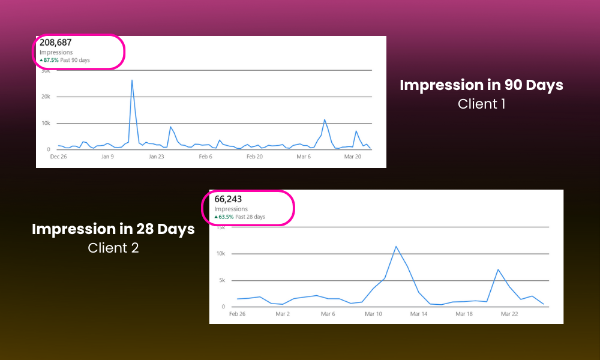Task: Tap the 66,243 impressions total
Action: point(228,199)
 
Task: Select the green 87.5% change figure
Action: point(49,60)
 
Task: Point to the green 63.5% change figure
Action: point(224,217)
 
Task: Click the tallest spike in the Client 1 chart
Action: point(131,80)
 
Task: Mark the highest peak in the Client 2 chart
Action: point(396,247)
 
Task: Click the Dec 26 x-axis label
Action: point(58,157)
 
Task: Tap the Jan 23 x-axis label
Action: point(156,157)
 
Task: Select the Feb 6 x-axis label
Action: point(205,157)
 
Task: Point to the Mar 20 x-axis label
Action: point(353,157)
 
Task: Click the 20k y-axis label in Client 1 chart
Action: point(45,97)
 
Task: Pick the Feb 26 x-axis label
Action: point(238,314)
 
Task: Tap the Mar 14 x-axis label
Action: point(419,314)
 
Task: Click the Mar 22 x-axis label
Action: point(509,314)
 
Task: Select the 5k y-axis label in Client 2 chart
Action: point(221,280)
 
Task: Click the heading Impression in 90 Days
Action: point(481,85)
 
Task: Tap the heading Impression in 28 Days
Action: point(113,229)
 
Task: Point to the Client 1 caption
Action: point(481,104)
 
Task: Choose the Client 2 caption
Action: point(113,247)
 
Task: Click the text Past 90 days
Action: point(76,60)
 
